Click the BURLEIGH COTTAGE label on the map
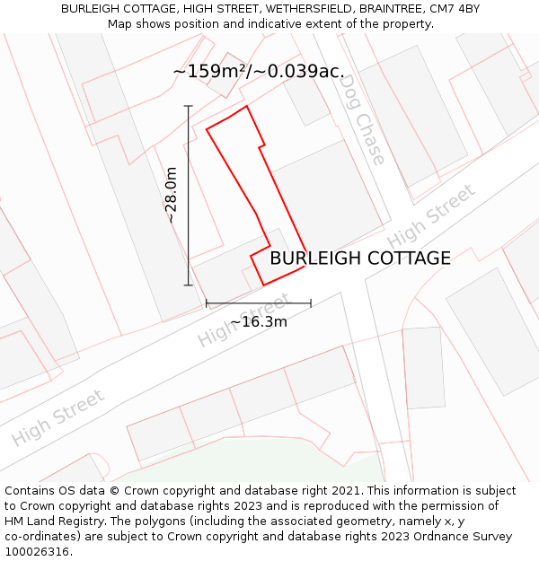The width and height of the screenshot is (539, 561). point(360,259)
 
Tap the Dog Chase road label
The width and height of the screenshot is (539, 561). point(363,119)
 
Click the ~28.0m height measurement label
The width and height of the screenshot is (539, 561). point(171,196)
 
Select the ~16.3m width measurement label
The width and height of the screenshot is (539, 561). point(259,321)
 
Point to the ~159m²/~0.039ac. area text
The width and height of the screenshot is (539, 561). point(259,71)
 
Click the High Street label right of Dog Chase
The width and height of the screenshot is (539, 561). point(432,217)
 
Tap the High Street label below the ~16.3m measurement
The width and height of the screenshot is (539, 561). point(243,320)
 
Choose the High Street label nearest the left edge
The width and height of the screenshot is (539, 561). point(58,417)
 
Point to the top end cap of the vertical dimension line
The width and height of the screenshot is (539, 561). point(189,106)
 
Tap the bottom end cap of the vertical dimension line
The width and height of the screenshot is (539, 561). point(189,285)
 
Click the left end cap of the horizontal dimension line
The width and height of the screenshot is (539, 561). point(207,303)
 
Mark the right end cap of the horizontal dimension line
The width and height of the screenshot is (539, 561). point(311,303)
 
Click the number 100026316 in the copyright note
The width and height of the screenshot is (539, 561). point(37,552)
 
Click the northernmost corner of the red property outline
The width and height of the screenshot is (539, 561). point(246,106)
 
